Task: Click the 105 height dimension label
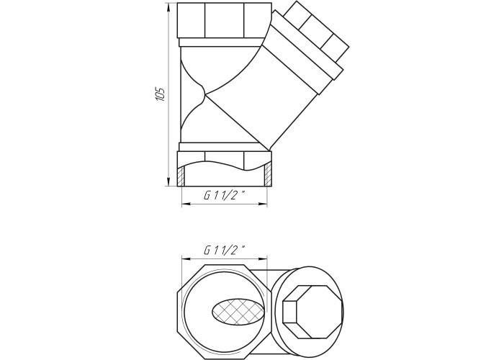point(161,94)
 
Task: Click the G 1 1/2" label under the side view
point(225,195)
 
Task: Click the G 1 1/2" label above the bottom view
point(225,250)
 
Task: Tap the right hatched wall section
point(268,175)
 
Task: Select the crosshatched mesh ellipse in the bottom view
point(239,311)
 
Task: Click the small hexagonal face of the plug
point(290,312)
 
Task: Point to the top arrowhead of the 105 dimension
point(168,8)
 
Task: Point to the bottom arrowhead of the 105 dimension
point(168,181)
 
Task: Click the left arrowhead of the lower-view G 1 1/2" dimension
point(186,258)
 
